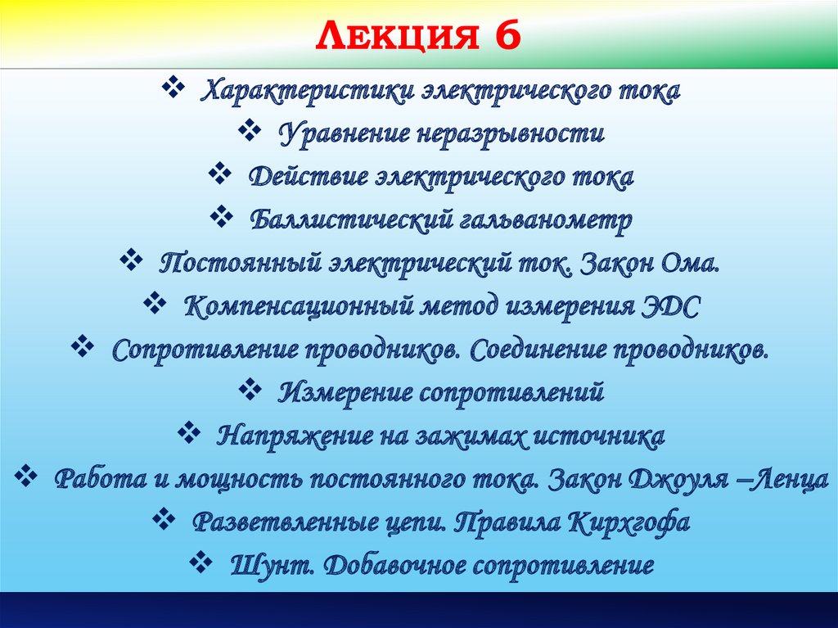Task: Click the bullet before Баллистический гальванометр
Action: [x=223, y=217]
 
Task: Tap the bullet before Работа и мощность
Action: [x=26, y=476]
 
